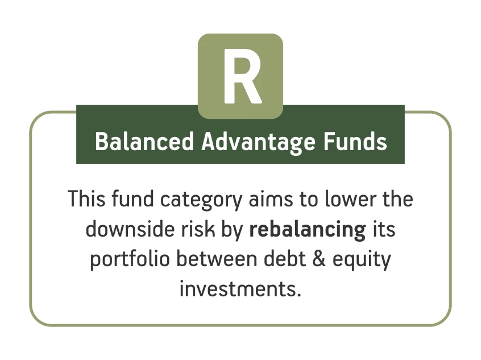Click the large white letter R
click(x=242, y=76)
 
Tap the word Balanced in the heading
click(x=144, y=142)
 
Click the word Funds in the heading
click(x=355, y=142)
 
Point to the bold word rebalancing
click(x=308, y=230)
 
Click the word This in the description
click(x=86, y=199)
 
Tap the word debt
click(x=285, y=259)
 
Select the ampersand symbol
click(x=319, y=259)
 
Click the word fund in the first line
click(x=132, y=199)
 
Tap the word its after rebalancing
click(x=384, y=230)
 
